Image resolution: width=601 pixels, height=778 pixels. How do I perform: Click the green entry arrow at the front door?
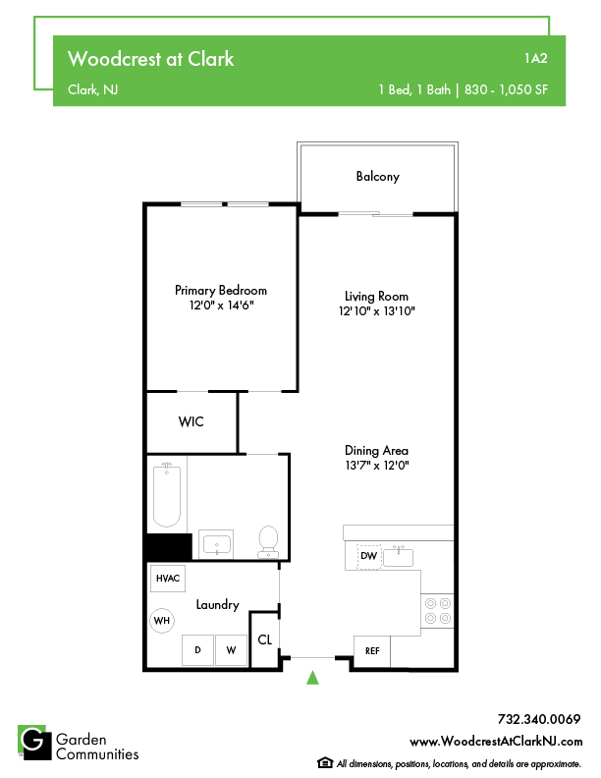click(x=312, y=678)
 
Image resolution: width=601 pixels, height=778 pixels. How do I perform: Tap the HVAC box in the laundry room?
click(x=168, y=579)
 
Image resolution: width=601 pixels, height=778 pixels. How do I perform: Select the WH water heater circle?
click(x=162, y=621)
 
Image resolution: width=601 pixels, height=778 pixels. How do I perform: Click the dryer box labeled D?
click(x=197, y=650)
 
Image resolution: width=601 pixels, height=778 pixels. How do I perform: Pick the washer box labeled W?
click(x=231, y=650)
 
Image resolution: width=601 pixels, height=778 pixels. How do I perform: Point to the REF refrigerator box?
click(x=372, y=651)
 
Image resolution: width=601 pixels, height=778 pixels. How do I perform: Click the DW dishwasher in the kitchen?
click(x=368, y=556)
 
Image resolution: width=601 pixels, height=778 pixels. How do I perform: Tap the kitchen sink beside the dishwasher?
click(x=398, y=557)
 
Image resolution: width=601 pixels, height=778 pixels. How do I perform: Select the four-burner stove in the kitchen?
click(x=437, y=611)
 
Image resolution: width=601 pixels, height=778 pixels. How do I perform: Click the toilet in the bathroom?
click(x=268, y=542)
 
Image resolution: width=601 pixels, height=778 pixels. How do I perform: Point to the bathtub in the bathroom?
click(x=167, y=494)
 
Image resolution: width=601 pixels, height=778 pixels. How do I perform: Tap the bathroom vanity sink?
click(x=217, y=545)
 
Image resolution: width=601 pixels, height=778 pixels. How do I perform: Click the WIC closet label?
click(x=191, y=421)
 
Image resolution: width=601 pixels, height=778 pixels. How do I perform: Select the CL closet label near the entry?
click(x=265, y=640)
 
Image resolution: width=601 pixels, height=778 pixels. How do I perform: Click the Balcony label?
click(x=378, y=177)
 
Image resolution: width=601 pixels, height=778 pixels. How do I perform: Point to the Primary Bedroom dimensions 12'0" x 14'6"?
click(x=221, y=306)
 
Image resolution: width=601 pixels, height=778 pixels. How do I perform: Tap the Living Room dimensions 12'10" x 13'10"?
click(x=377, y=311)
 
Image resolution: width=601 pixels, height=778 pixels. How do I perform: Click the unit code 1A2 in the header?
click(x=536, y=59)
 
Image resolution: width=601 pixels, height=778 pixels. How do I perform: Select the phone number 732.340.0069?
click(x=539, y=719)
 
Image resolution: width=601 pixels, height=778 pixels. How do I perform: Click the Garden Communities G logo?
click(x=34, y=743)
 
